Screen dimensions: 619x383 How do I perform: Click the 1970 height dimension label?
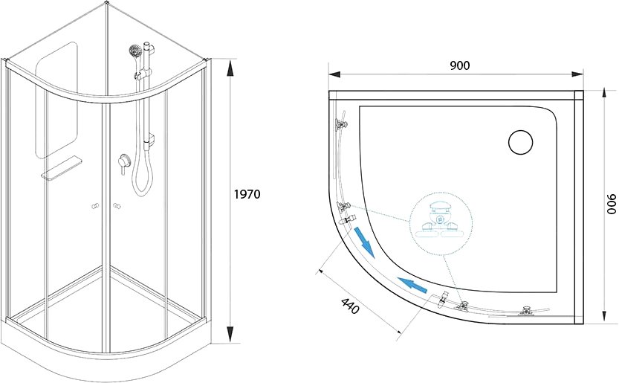[x=247, y=194]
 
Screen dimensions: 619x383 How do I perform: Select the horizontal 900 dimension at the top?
[x=460, y=65]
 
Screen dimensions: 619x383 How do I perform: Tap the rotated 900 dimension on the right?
[x=611, y=204]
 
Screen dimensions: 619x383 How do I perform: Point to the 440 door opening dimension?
[x=351, y=306]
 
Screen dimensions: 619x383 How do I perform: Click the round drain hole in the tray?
[x=521, y=142]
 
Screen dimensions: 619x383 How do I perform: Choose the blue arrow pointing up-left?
[x=412, y=285]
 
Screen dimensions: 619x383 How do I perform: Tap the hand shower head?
[x=135, y=51]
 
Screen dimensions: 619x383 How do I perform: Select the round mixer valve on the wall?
[x=123, y=160]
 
